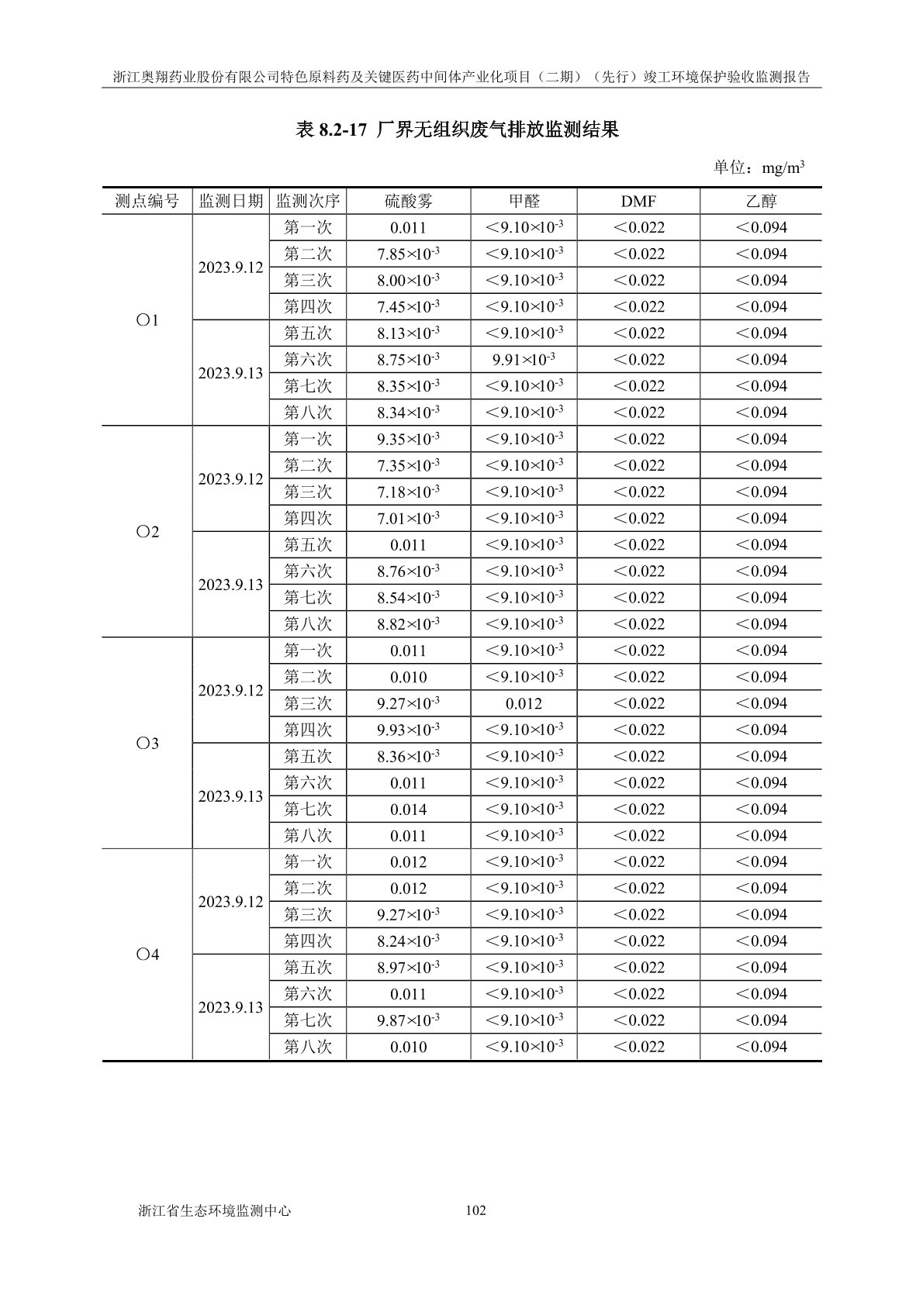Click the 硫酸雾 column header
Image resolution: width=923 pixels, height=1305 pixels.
coord(409,202)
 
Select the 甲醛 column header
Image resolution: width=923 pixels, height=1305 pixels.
coord(524,202)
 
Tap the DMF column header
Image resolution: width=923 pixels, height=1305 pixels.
coord(638,202)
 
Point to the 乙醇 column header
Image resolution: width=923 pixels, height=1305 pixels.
coord(761,202)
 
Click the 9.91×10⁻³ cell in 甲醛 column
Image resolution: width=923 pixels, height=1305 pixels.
coord(524,360)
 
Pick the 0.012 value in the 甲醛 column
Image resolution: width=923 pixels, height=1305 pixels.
coord(524,704)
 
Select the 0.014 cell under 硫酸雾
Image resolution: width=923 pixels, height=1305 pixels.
coord(409,810)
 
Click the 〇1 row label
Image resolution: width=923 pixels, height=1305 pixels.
coord(147,320)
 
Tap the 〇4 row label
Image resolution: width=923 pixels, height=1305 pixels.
coord(147,955)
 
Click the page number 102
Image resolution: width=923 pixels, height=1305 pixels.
coord(475,1210)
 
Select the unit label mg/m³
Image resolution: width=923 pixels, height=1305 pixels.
coord(783,167)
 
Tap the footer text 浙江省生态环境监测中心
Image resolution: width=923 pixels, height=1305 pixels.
coord(214,1210)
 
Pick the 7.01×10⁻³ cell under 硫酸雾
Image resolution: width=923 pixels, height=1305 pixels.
coord(409,519)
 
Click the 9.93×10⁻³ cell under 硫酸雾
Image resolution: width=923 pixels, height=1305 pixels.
coord(409,730)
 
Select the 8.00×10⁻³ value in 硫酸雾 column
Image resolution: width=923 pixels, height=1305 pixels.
coord(409,281)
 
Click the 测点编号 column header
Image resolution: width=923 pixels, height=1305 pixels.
coord(147,202)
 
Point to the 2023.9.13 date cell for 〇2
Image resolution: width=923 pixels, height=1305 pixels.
coord(230,585)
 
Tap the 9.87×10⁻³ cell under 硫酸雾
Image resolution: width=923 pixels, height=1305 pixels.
coord(409,1020)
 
